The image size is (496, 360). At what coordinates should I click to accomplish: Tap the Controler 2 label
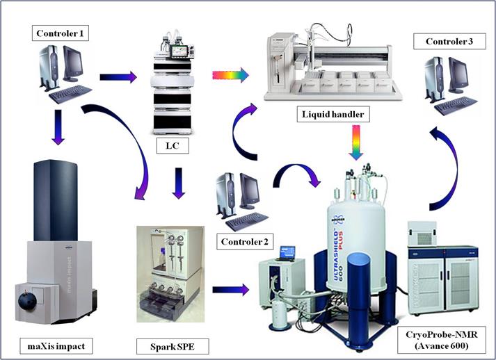point(245,241)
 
